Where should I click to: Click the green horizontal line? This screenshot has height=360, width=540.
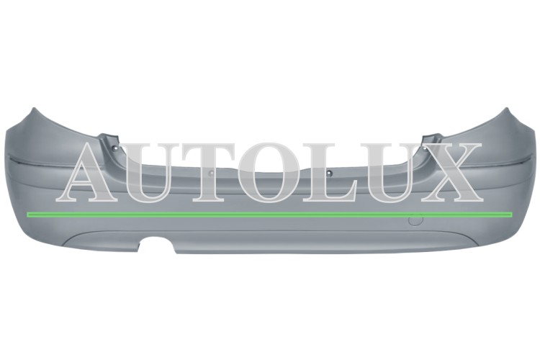coord(270,215)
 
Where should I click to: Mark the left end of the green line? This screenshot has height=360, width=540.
coord(27,215)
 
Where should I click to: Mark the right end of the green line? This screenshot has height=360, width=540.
coord(513,215)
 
